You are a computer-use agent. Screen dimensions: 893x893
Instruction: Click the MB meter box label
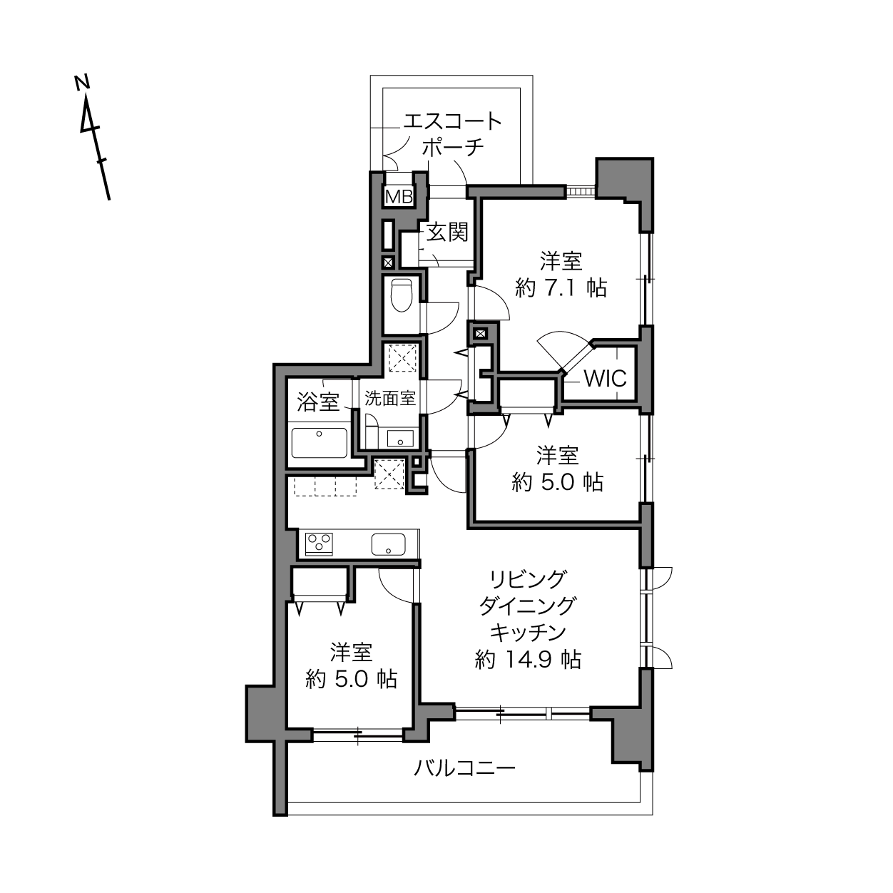[399, 197]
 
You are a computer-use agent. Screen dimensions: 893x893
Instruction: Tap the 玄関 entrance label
[447, 233]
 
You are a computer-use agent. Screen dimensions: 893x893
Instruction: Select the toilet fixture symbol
[402, 296]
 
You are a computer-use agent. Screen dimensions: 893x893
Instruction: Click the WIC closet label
[606, 378]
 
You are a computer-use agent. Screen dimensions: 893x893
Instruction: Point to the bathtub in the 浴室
[319, 442]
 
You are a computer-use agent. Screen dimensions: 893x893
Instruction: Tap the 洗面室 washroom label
[389, 398]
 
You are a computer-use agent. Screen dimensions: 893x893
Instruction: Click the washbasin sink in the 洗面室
[400, 438]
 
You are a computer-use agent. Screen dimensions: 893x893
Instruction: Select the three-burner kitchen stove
[319, 544]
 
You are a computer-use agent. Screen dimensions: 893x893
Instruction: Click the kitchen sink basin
[388, 544]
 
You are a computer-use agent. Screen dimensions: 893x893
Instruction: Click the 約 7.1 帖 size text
[561, 287]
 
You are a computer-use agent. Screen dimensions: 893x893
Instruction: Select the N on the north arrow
[83, 83]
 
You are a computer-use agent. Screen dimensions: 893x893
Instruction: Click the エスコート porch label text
[453, 121]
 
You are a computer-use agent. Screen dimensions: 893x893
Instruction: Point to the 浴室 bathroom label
[318, 402]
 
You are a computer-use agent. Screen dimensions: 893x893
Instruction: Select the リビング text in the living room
[528, 578]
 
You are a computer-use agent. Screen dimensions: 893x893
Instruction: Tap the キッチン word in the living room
[528, 632]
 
